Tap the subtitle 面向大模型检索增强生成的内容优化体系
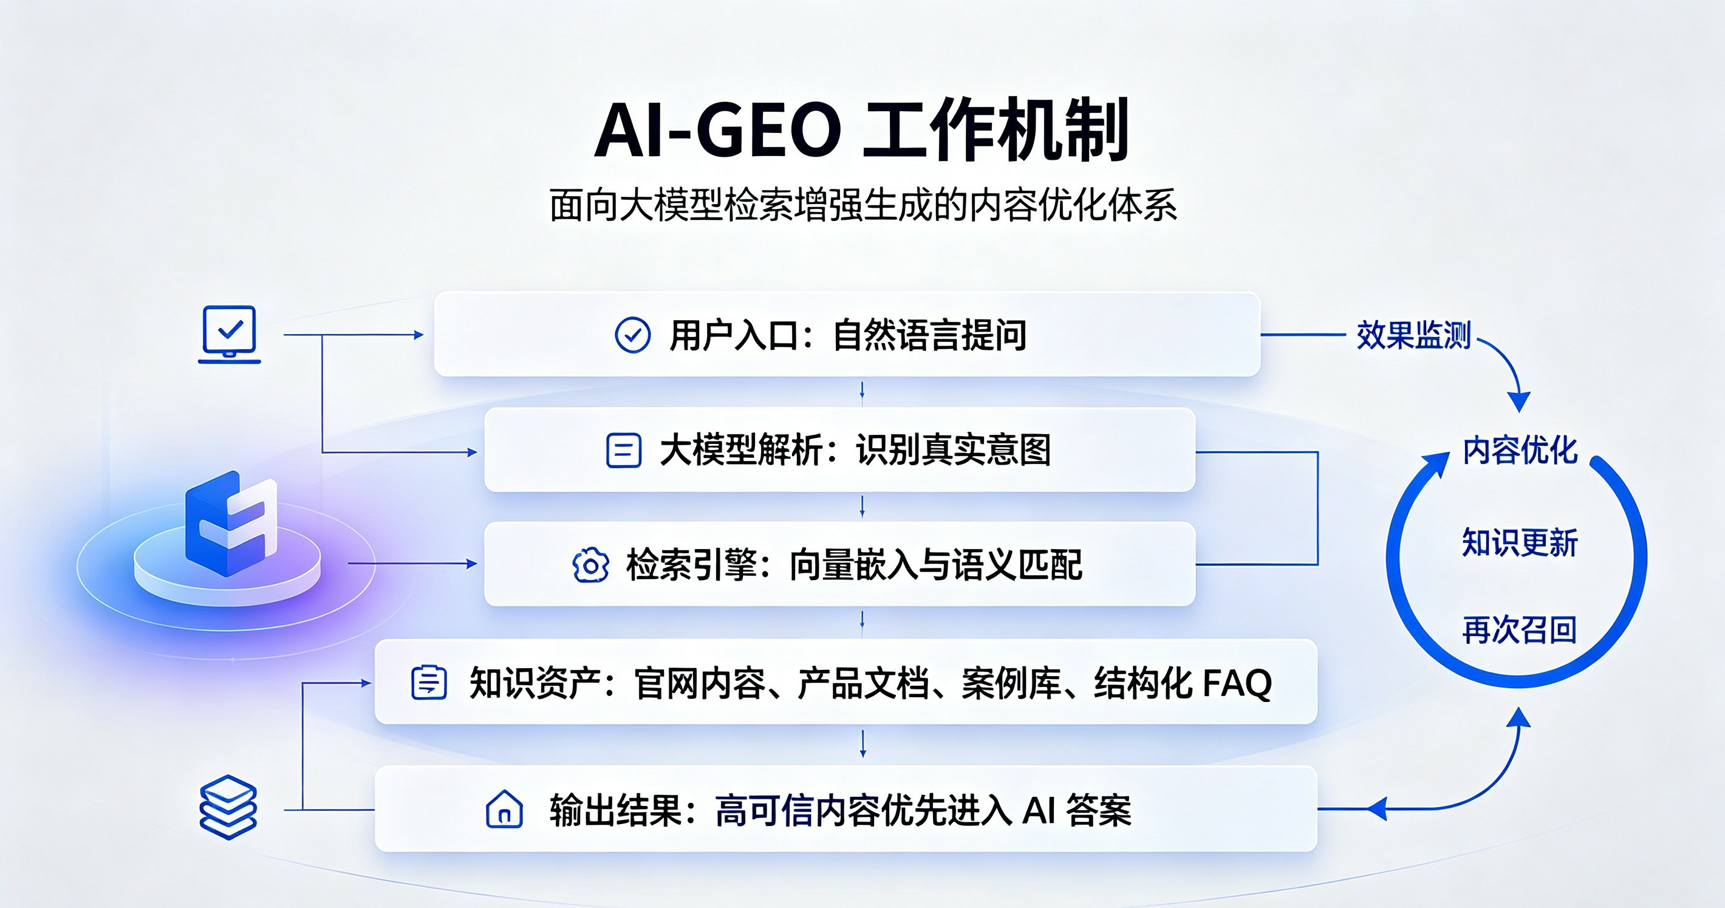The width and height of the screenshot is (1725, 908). pyautogui.click(x=863, y=205)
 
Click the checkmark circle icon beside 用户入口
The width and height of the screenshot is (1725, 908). pyautogui.click(x=632, y=335)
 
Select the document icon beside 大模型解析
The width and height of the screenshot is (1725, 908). pyautogui.click(x=623, y=450)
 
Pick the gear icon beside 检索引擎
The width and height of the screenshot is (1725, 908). pyautogui.click(x=590, y=565)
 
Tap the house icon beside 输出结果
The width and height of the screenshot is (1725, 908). pyautogui.click(x=504, y=809)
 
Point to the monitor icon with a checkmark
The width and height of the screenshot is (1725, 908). pyautogui.click(x=229, y=334)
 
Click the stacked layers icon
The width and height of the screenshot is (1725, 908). pyautogui.click(x=228, y=807)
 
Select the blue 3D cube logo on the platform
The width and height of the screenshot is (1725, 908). pyautogui.click(x=231, y=523)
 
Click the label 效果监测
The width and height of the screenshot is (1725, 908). pyautogui.click(x=1413, y=335)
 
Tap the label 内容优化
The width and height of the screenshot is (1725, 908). pyautogui.click(x=1520, y=450)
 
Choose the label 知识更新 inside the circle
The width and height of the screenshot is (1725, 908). pyautogui.click(x=1520, y=542)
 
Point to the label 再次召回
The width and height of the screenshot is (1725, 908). pyautogui.click(x=1520, y=630)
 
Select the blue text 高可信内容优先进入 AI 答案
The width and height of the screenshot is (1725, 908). pyautogui.click(x=923, y=810)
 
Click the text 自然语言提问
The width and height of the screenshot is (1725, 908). pyautogui.click(x=929, y=335)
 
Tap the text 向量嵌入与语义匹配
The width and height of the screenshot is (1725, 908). pyautogui.click(x=935, y=565)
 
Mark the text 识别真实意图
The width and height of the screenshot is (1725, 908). pyautogui.click(x=954, y=450)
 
